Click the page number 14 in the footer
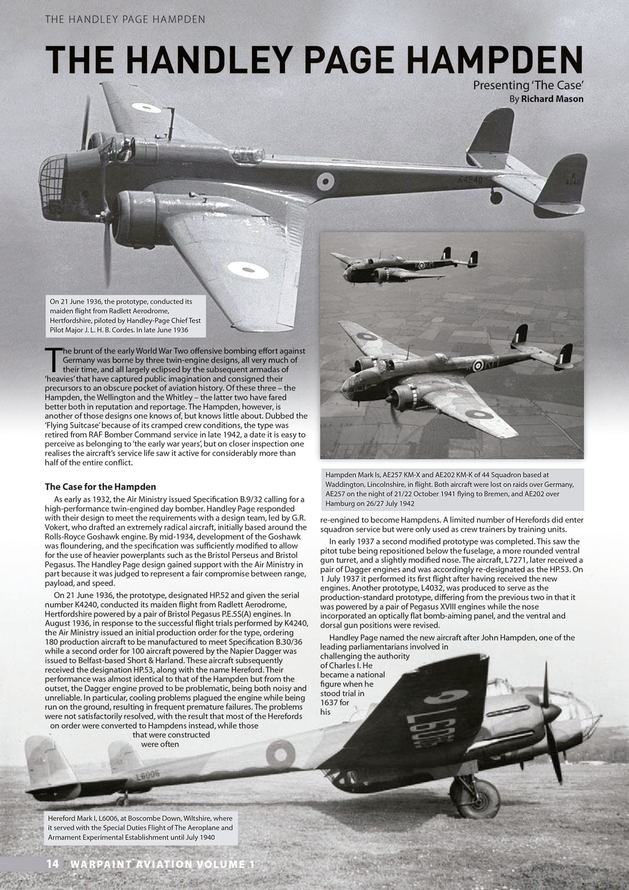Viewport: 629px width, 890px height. pyautogui.click(x=53, y=864)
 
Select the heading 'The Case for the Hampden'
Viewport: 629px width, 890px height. pyautogui.click(x=100, y=487)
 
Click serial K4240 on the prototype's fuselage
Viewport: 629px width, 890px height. pyautogui.click(x=470, y=180)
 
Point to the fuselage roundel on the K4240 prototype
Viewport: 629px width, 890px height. pyautogui.click(x=325, y=181)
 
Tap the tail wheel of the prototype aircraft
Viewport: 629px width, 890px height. pyautogui.click(x=496, y=197)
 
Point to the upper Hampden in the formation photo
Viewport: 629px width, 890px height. pyautogui.click(x=401, y=267)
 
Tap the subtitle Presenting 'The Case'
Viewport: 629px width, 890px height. pyautogui.click(x=528, y=85)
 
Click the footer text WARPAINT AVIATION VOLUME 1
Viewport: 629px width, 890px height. pyautogui.click(x=163, y=864)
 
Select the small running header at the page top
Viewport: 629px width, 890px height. pyautogui.click(x=125, y=20)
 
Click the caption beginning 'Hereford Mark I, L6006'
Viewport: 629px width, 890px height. pyautogui.click(x=141, y=828)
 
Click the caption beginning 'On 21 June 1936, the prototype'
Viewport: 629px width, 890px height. pyautogui.click(x=125, y=316)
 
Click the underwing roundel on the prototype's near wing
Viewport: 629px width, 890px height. pyautogui.click(x=248, y=270)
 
